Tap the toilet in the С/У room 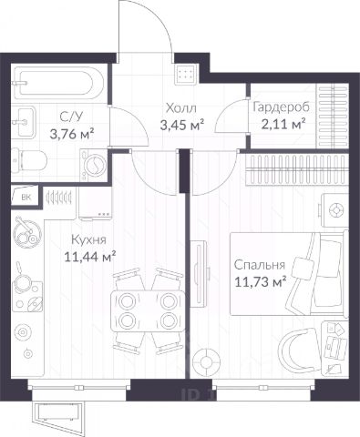(x=29, y=160)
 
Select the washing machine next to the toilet (x=94, y=166)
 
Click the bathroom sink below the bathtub (x=25, y=121)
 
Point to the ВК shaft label (x=26, y=198)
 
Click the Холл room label (x=181, y=108)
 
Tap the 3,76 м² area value (x=72, y=133)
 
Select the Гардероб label (x=281, y=107)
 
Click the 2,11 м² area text (x=283, y=124)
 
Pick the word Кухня (x=88, y=239)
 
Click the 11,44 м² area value (x=90, y=257)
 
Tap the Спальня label (x=260, y=265)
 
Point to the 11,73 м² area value (x=261, y=282)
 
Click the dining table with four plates (x=148, y=310)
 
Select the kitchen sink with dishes (x=27, y=233)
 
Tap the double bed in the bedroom (x=289, y=274)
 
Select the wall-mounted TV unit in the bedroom (x=199, y=272)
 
